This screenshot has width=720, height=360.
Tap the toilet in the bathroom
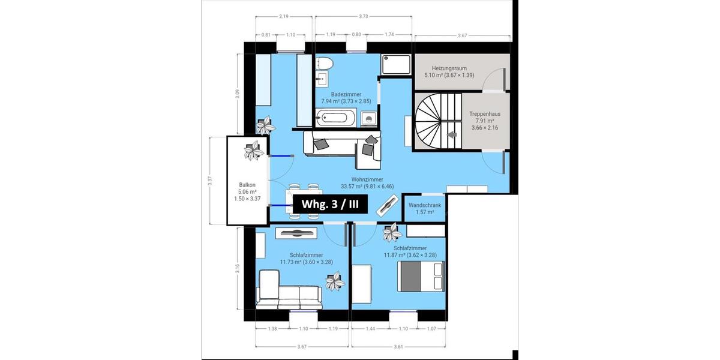[x=325, y=63]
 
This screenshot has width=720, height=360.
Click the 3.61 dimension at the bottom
[x=399, y=346]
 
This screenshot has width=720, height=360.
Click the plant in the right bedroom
[x=392, y=230]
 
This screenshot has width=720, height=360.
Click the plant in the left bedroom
[x=335, y=280]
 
